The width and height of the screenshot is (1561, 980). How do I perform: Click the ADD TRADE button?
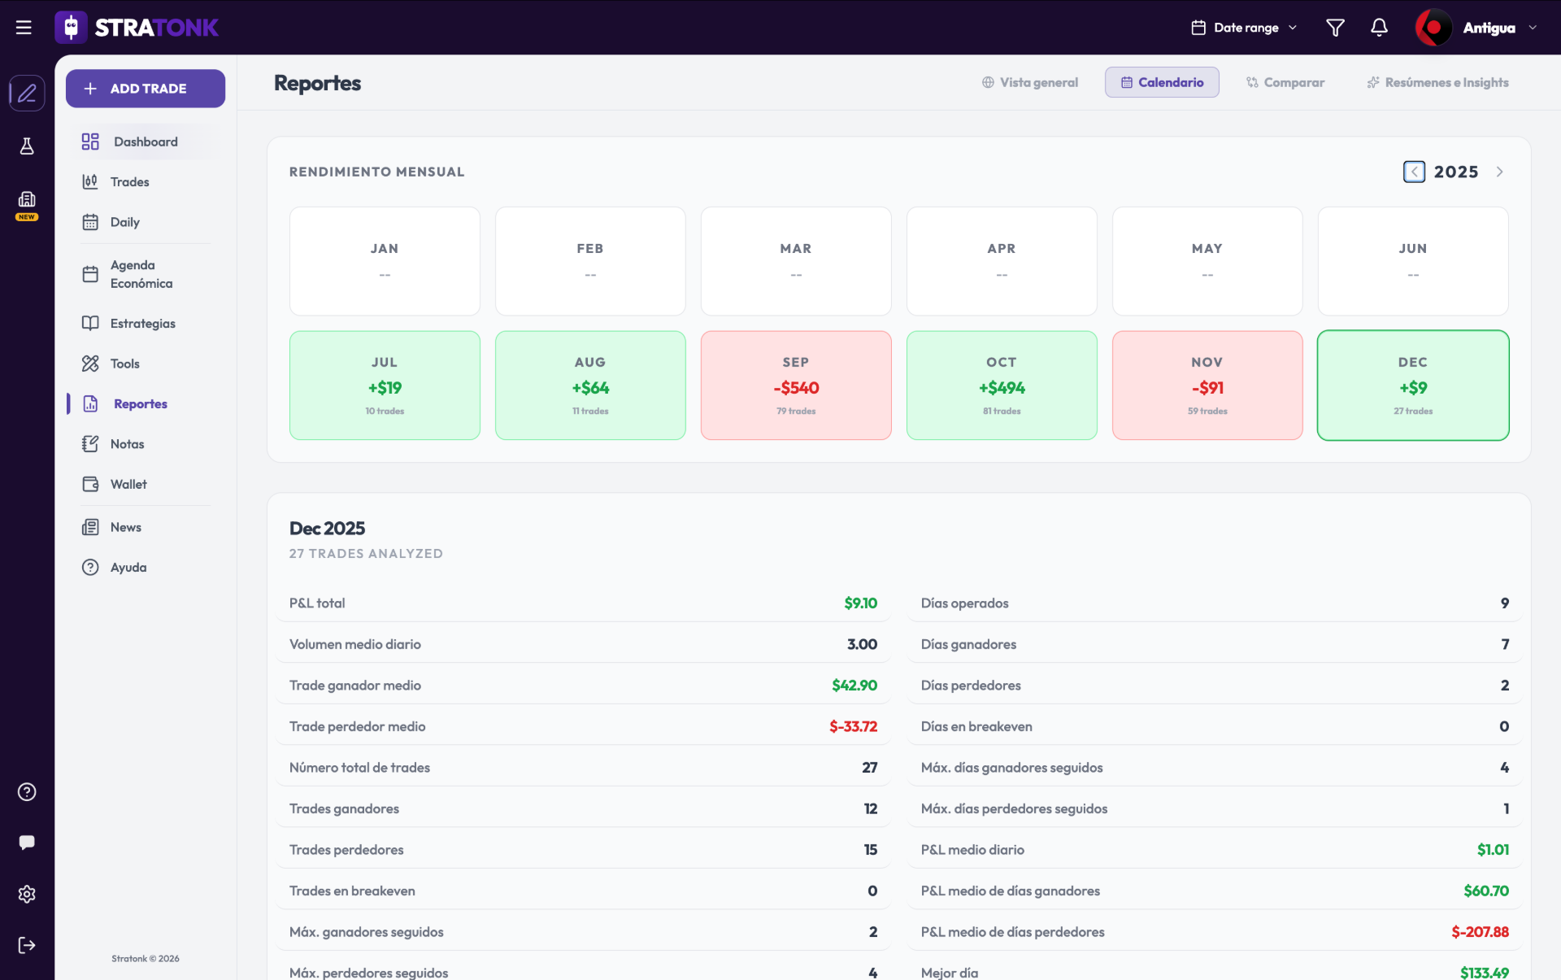[146, 89]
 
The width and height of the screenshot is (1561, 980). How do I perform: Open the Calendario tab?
[1162, 82]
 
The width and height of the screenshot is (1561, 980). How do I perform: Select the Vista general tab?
[1029, 82]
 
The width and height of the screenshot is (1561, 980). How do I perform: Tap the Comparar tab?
[1285, 82]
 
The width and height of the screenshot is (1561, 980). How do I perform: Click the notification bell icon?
[1379, 28]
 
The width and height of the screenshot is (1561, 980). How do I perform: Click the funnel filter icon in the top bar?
[1335, 28]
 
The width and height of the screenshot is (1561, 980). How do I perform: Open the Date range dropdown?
[1245, 28]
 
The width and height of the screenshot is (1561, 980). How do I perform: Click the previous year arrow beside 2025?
[1414, 172]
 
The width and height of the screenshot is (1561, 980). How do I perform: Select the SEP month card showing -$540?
[796, 385]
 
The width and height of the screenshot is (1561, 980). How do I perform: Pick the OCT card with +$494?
[1002, 385]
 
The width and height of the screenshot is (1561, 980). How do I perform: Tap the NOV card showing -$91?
[1207, 385]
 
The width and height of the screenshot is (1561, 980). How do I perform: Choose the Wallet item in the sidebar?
[128, 485]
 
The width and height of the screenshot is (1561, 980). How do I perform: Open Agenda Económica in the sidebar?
[141, 274]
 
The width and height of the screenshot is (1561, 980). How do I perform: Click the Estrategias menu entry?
[142, 324]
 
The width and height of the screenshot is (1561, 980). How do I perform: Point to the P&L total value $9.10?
[860, 603]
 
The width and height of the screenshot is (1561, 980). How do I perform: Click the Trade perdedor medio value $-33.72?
[853, 726]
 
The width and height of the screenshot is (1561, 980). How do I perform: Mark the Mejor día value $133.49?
[1484, 973]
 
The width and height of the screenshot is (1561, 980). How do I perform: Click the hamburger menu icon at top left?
[24, 28]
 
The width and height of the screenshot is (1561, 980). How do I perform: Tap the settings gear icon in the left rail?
[27, 894]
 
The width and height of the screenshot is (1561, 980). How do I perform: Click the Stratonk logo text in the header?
[156, 28]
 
